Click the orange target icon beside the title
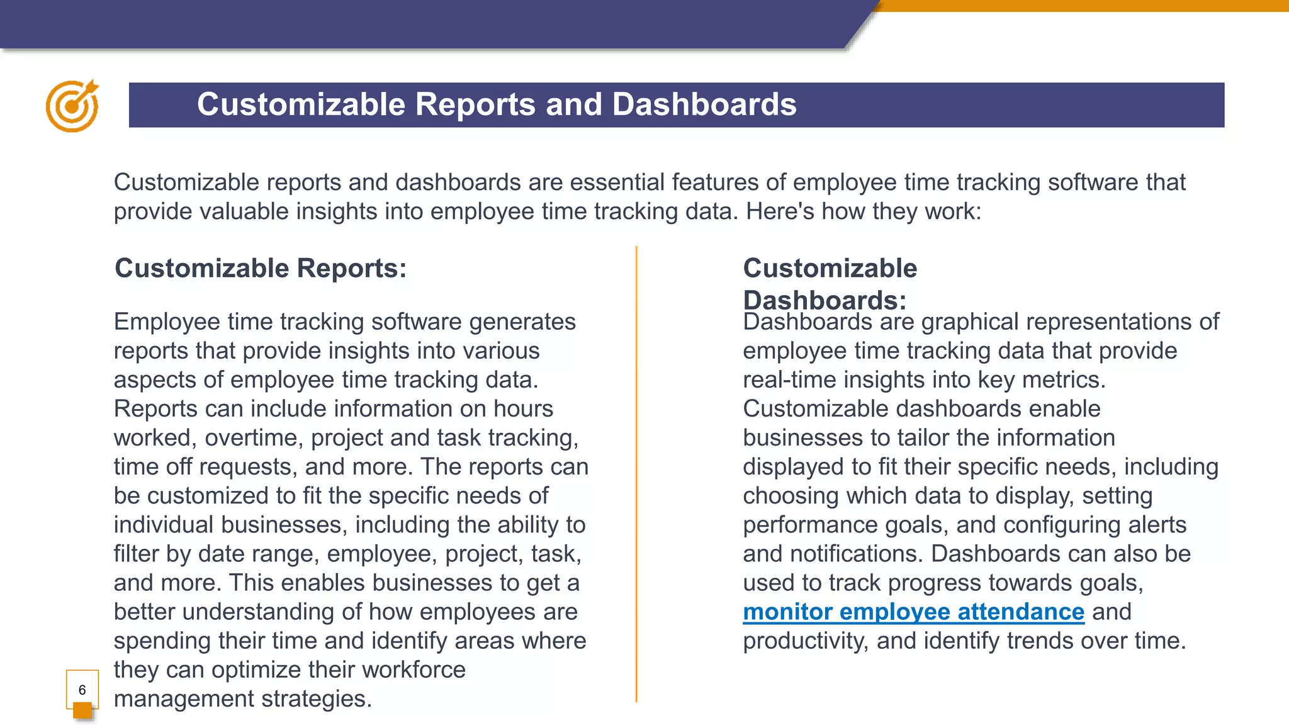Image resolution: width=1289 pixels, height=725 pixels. point(72,106)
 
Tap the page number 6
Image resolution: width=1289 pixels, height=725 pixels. point(82,690)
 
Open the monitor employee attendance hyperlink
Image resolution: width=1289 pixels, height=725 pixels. point(913,612)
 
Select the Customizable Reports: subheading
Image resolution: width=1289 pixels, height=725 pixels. point(261,268)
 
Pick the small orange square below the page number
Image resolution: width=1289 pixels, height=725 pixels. point(82,711)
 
